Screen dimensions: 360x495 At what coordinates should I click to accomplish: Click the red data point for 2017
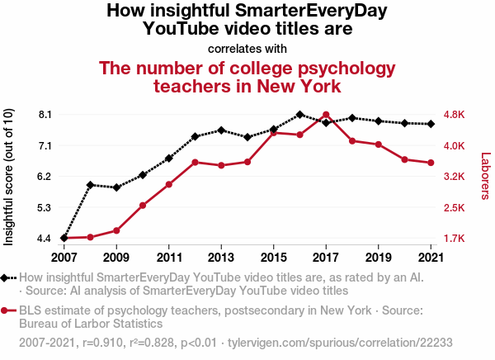(x=326, y=115)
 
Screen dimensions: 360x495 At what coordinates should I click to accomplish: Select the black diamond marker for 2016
(x=299, y=115)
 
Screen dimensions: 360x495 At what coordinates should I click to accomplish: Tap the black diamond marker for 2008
(x=91, y=185)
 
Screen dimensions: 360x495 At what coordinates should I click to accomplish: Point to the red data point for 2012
(x=196, y=162)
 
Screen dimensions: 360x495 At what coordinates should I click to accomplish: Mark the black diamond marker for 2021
(x=431, y=124)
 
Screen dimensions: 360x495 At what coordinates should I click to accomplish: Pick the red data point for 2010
(x=143, y=205)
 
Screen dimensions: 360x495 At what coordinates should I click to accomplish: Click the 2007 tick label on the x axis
(x=64, y=255)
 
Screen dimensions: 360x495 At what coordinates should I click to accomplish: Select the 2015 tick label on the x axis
(x=273, y=255)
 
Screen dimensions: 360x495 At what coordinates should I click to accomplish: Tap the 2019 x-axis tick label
(x=378, y=255)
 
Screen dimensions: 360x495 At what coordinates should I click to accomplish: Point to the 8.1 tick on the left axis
(x=45, y=114)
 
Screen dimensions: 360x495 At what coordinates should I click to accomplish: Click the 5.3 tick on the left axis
(x=45, y=207)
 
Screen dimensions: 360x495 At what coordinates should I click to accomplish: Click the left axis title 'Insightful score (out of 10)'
(x=9, y=176)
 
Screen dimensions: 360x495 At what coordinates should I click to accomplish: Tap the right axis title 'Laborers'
(x=485, y=176)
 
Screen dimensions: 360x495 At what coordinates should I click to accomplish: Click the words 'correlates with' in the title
(x=247, y=48)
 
